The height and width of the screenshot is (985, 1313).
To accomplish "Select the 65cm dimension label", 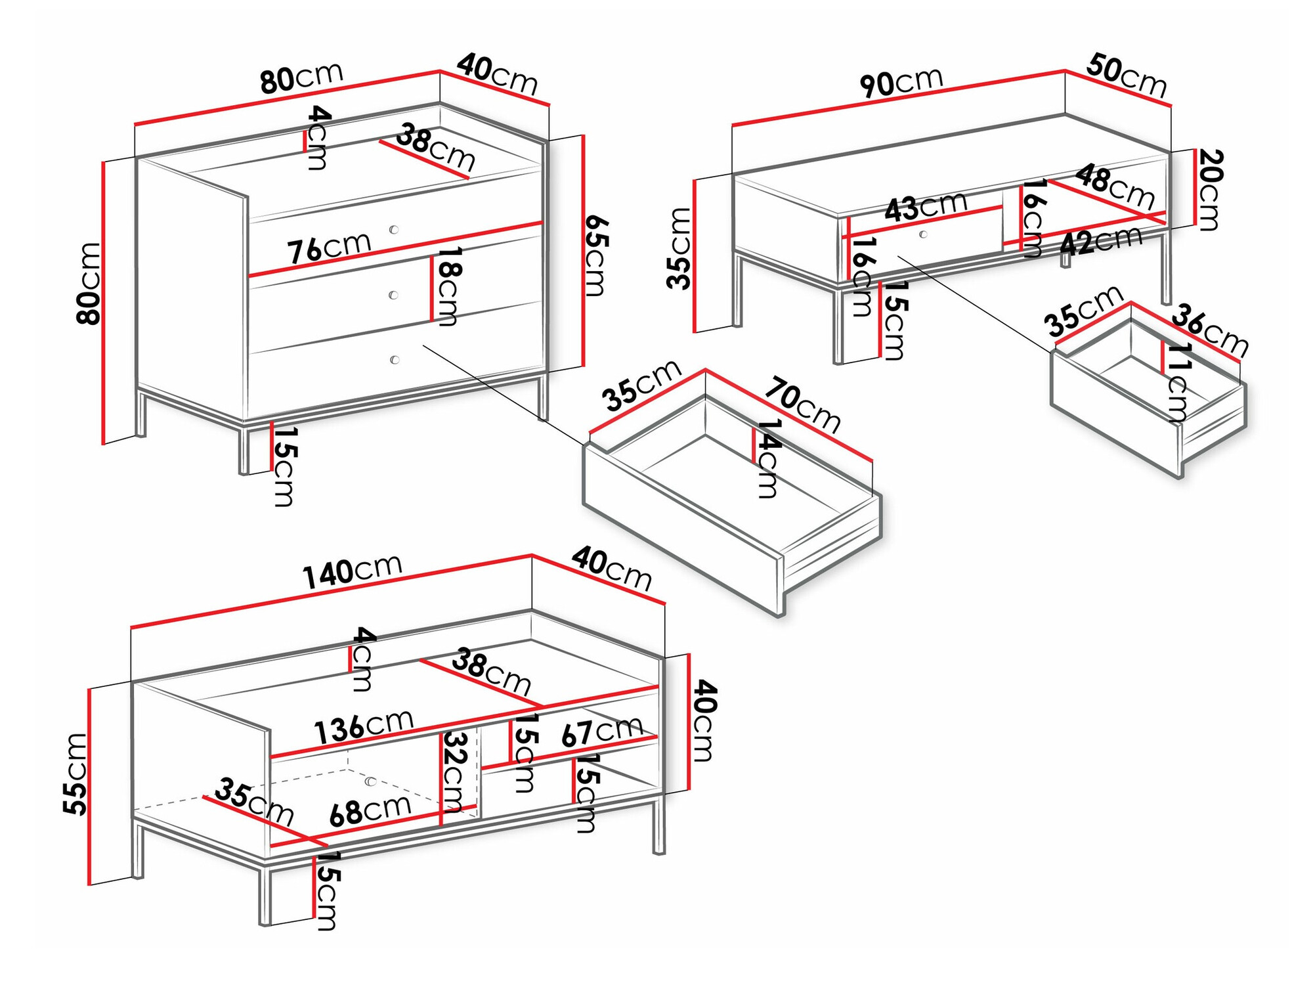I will (597, 255).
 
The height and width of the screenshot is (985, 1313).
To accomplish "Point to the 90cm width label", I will (901, 83).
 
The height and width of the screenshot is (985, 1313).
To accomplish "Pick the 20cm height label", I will (1210, 190).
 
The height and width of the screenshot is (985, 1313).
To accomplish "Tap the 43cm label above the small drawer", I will (926, 207).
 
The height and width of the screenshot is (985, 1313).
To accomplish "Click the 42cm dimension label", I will (1101, 241).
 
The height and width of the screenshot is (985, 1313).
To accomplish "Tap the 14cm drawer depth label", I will (768, 458).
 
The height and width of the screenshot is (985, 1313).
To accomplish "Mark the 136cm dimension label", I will (364, 727).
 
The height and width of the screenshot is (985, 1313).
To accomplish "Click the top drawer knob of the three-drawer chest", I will (394, 229).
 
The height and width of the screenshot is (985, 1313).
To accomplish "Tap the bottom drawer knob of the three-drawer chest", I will (395, 359).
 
